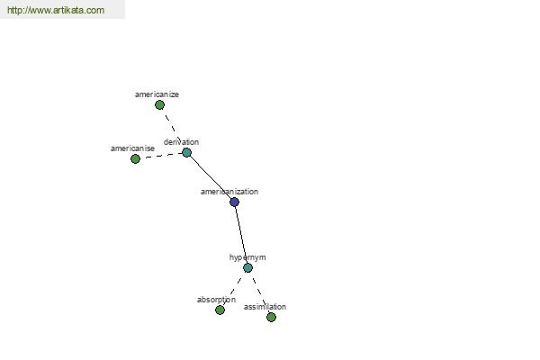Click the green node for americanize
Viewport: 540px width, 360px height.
click(159, 104)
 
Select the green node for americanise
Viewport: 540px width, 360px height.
click(135, 158)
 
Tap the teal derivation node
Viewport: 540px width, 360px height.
click(186, 152)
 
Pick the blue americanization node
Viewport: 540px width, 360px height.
click(235, 202)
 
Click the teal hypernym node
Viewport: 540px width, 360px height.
click(248, 267)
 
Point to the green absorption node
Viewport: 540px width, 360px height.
click(220, 310)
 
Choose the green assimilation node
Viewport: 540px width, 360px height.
click(272, 317)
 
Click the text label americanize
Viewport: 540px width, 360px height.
click(157, 94)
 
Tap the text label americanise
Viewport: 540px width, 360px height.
click(132, 148)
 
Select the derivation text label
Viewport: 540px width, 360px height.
click(181, 142)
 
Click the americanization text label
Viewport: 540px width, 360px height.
click(229, 192)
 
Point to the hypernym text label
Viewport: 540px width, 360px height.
click(247, 257)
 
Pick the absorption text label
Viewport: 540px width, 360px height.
click(216, 300)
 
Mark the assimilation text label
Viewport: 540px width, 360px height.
click(265, 307)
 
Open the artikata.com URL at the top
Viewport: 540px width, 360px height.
click(56, 10)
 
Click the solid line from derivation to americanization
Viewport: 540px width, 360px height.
click(211, 177)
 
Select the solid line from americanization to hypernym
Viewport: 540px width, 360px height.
click(241, 235)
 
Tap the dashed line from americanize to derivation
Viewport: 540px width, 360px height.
click(173, 129)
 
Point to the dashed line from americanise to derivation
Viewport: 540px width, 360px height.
click(161, 156)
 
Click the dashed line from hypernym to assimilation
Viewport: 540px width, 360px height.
click(260, 292)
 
